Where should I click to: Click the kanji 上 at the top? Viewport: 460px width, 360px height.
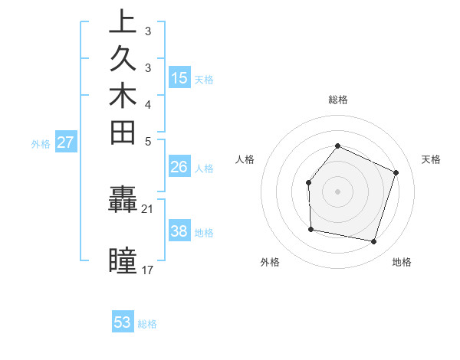point(123,22)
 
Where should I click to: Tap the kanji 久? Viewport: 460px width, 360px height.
point(123,60)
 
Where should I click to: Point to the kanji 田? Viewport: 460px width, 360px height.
point(123,133)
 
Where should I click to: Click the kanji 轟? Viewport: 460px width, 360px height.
point(123,201)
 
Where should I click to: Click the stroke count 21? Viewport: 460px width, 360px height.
point(148,208)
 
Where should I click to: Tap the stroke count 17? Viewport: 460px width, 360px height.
point(148,270)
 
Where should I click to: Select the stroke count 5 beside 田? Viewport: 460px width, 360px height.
point(148,141)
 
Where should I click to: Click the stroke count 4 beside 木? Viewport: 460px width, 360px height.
point(148,104)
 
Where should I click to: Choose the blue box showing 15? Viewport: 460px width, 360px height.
point(179,77)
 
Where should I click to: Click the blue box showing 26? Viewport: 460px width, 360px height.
point(179,166)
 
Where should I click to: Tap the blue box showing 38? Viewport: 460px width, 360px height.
point(179,230)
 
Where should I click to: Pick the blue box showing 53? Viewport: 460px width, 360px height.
point(123,322)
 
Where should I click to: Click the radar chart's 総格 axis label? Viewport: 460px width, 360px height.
point(337,100)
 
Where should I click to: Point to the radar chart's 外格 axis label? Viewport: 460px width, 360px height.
point(270,262)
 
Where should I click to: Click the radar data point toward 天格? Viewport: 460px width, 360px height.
point(396,172)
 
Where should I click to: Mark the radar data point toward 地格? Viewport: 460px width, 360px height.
point(373,241)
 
